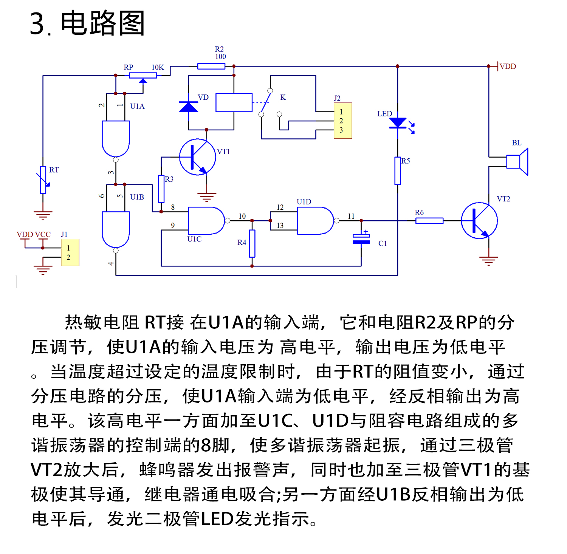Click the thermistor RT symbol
coord(43,180)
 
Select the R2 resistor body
coord(211,67)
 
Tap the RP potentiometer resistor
coord(143,75)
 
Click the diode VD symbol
coord(189,107)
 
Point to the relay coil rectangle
coord(234,102)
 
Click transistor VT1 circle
coord(197,157)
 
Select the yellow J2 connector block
coord(343,121)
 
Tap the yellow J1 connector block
coord(70,252)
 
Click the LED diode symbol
coord(398,123)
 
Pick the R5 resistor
coord(398,171)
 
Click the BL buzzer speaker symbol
coord(518,162)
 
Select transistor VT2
coord(479,221)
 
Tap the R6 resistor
coord(429,221)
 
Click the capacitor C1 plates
coord(361,239)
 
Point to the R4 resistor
coord(252,243)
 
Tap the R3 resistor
coord(161,189)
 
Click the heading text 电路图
coord(102,23)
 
